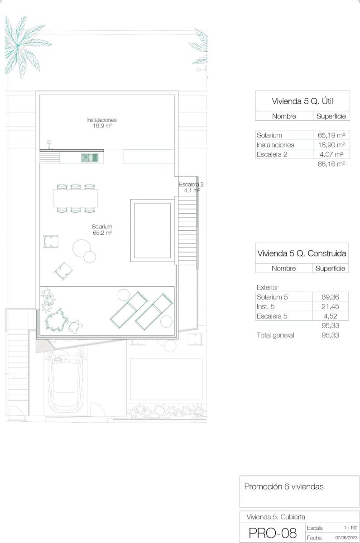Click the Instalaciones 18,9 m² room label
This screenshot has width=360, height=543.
pos(101,123)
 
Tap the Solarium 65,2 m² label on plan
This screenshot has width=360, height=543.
pos(101,229)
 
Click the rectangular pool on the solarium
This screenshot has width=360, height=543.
pos(152,231)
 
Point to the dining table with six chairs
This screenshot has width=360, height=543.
pos(76,198)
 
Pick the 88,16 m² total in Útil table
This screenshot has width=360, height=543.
pos(332,164)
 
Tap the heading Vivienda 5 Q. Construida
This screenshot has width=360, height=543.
pos(302,253)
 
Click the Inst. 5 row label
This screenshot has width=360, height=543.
pos(266,307)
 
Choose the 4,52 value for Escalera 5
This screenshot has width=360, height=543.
pos(332,316)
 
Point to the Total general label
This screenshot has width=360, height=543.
pos(275,335)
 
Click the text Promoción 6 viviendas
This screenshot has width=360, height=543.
pos(284,487)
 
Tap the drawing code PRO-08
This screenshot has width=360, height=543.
pos(273,533)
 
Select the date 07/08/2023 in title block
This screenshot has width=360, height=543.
pos(346,538)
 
